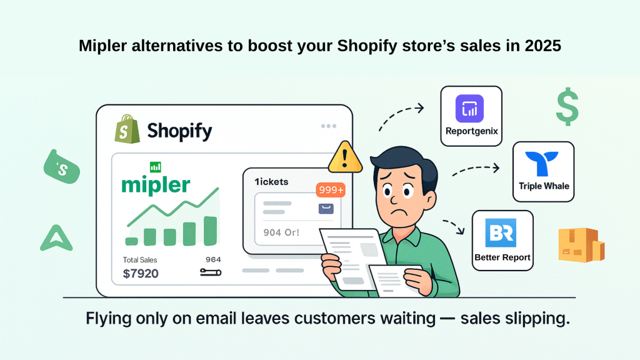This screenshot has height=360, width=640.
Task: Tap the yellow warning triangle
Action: (345, 157)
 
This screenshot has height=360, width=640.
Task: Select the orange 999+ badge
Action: (331, 190)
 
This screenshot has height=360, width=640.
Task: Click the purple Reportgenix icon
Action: (469, 109)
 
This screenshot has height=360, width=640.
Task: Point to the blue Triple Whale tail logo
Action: (542, 162)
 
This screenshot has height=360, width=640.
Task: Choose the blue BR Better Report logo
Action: (501, 233)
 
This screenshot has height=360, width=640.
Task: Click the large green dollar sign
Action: (567, 106)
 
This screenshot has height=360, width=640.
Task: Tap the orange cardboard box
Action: (581, 244)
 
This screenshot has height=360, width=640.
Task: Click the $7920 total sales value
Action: (141, 274)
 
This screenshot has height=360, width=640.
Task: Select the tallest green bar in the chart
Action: (210, 231)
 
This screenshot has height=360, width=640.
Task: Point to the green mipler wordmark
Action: (156, 185)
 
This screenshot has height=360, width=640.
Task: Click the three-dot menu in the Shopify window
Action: (329, 126)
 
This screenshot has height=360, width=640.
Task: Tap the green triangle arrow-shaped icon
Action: (56, 237)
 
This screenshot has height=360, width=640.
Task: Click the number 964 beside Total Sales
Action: (213, 259)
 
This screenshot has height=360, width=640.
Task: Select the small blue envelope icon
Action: (326, 209)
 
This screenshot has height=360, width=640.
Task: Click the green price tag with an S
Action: (62, 167)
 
